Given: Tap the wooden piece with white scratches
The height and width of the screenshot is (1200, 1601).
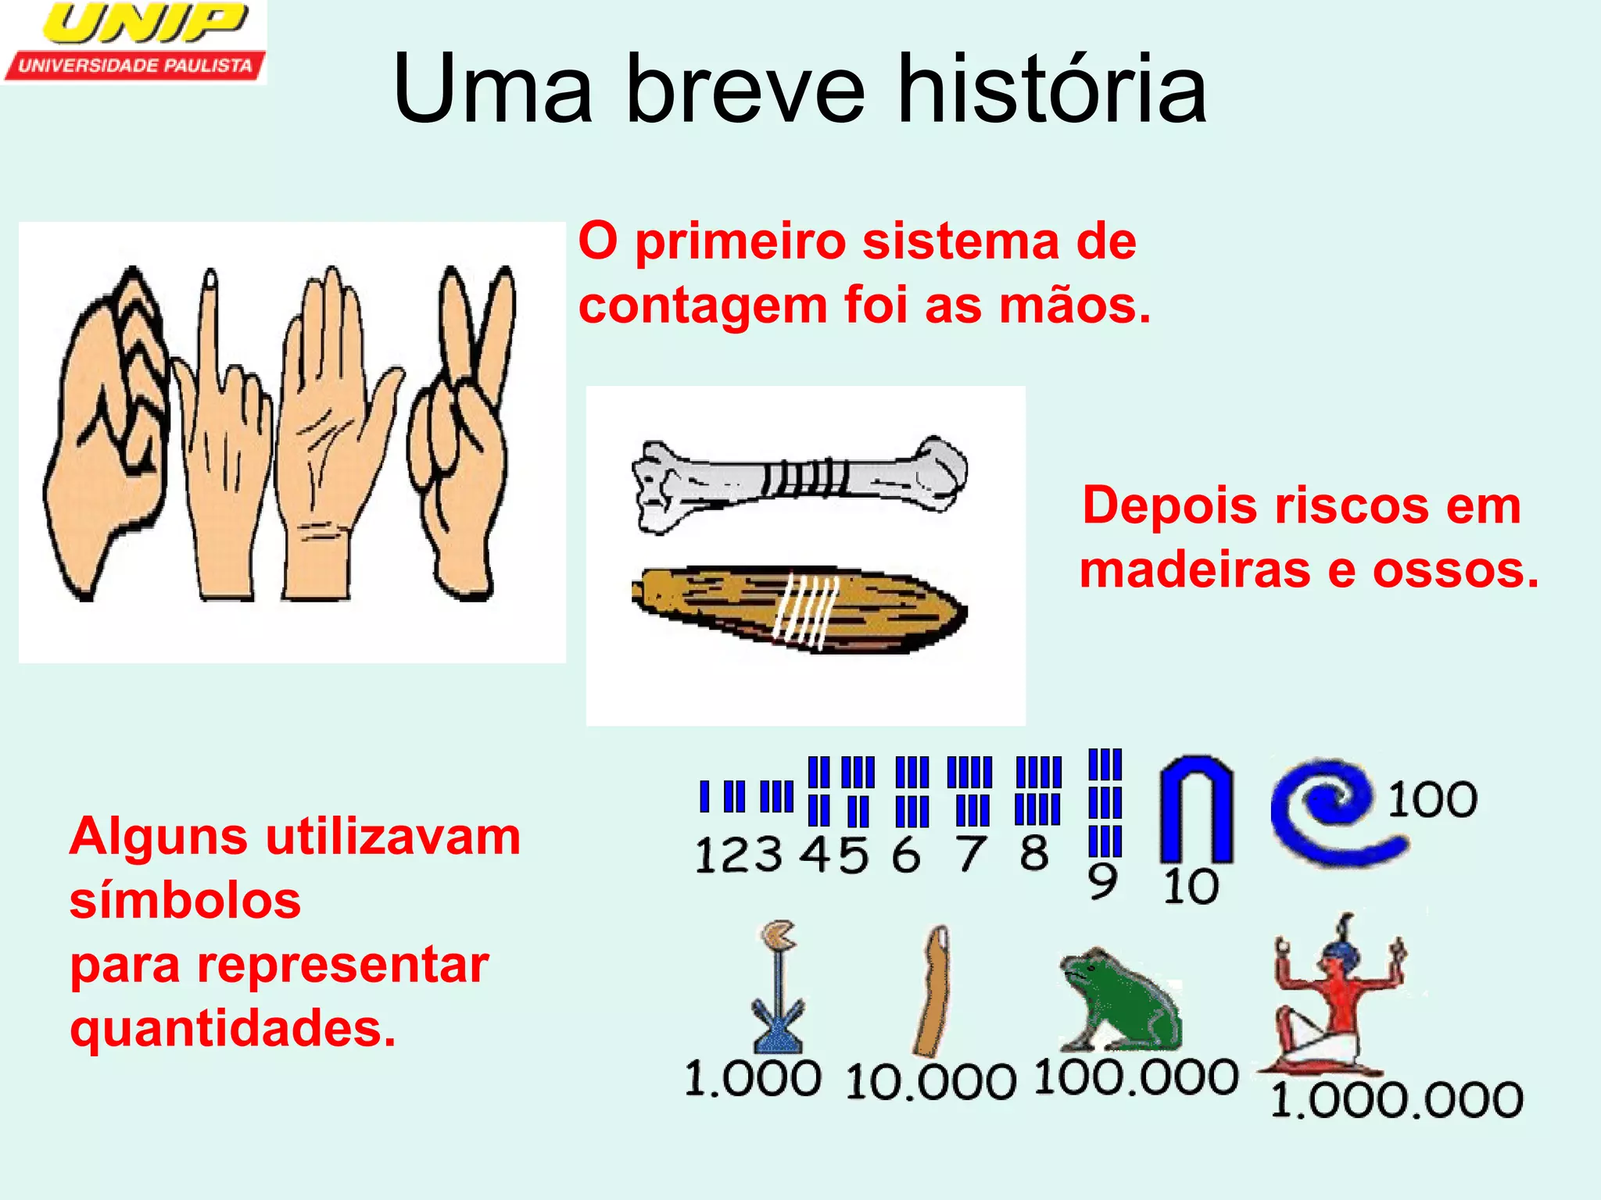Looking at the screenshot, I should tap(799, 609).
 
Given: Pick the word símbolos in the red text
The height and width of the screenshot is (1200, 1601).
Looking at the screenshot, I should tap(185, 901).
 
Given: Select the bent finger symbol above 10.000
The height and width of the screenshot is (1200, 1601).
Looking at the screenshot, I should tap(934, 991).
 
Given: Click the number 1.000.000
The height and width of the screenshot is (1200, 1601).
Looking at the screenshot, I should tap(1396, 1100).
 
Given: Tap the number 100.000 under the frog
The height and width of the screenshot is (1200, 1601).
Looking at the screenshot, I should tap(1136, 1078).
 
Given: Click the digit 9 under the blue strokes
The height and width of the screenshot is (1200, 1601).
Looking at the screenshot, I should tap(1102, 882).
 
